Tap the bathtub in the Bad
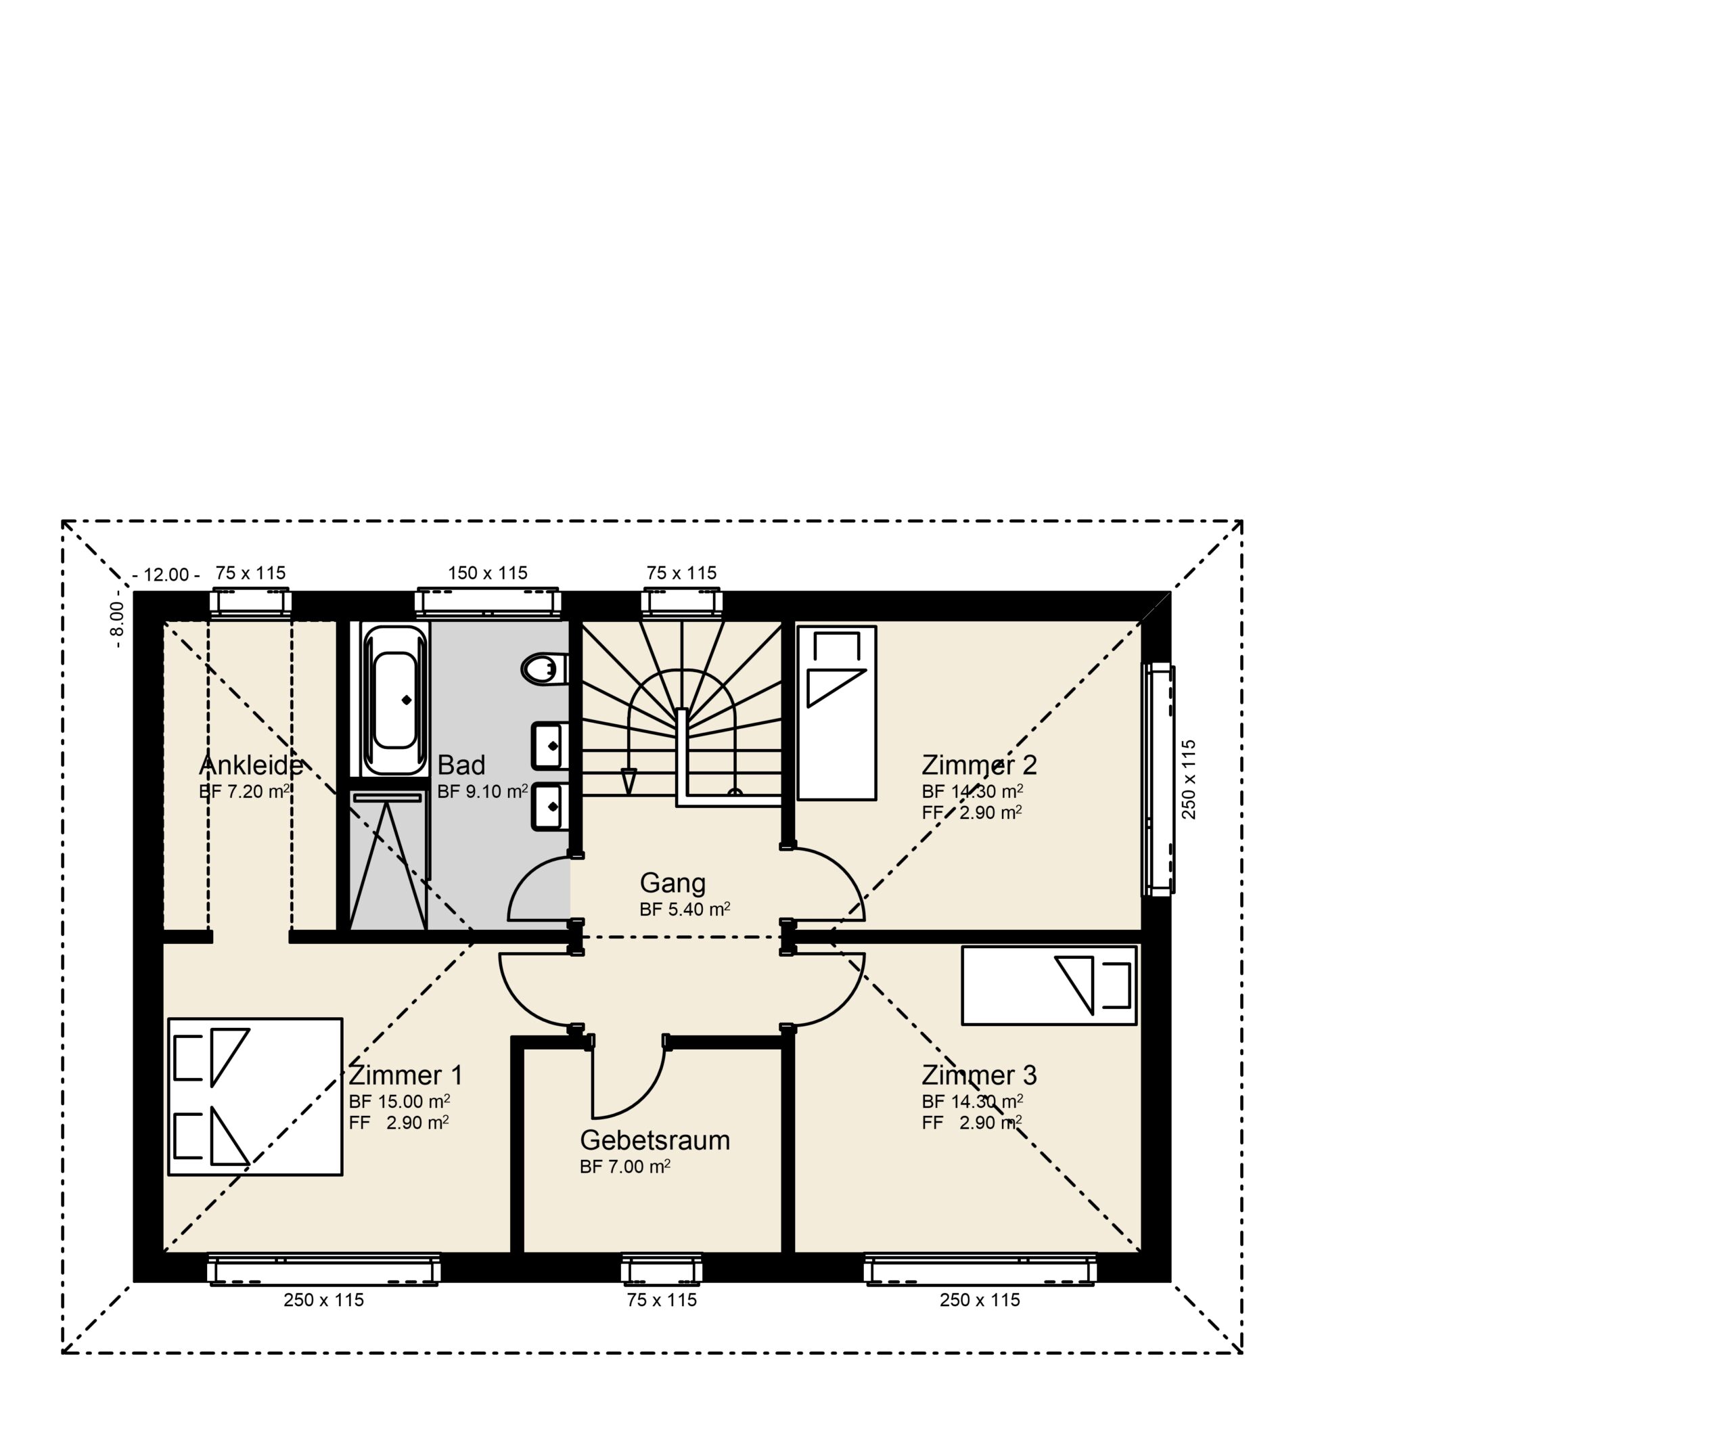coord(395,700)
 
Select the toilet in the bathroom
coord(545,669)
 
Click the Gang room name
coord(673,883)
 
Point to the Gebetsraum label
coord(655,1141)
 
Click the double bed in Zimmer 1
coord(255,1097)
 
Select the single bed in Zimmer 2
coord(836,713)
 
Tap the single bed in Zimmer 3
coord(1049,986)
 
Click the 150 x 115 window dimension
coord(487,573)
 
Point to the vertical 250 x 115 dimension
coord(1189,780)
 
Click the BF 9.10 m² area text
coord(482,791)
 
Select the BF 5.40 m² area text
coord(685,909)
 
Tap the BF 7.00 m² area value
coord(625,1166)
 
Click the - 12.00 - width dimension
coord(166,575)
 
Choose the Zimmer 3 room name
coord(979,1075)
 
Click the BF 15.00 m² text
coord(399,1101)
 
